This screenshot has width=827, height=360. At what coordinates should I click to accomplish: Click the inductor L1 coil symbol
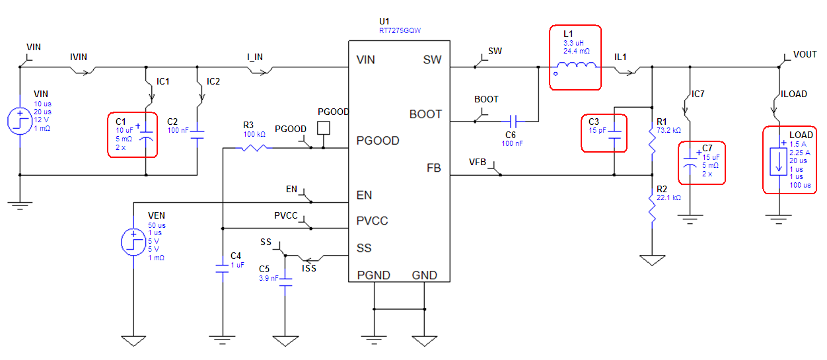(x=576, y=65)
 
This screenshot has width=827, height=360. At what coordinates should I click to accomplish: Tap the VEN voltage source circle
(x=133, y=241)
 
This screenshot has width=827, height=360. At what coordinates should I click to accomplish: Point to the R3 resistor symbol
(x=253, y=148)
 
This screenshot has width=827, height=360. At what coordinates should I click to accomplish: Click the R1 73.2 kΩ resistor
(x=652, y=140)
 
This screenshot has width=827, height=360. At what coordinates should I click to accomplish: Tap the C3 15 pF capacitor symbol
(x=614, y=135)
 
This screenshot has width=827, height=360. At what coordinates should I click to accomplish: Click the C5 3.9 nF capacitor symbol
(x=285, y=281)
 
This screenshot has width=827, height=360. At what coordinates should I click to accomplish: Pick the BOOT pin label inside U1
(x=425, y=114)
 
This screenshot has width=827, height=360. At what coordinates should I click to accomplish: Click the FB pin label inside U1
(x=434, y=168)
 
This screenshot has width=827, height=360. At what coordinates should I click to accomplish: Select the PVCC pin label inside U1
(x=373, y=221)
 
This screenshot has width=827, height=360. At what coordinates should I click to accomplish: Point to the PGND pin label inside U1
(x=373, y=275)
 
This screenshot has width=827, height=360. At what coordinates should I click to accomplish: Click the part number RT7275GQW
(x=400, y=30)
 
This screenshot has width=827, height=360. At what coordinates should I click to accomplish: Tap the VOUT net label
(x=805, y=55)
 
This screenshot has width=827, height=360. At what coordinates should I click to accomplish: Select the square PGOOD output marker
(x=323, y=127)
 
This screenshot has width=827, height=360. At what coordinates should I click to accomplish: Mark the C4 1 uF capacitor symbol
(x=223, y=268)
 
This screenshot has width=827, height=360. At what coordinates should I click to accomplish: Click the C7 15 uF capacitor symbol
(x=690, y=163)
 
